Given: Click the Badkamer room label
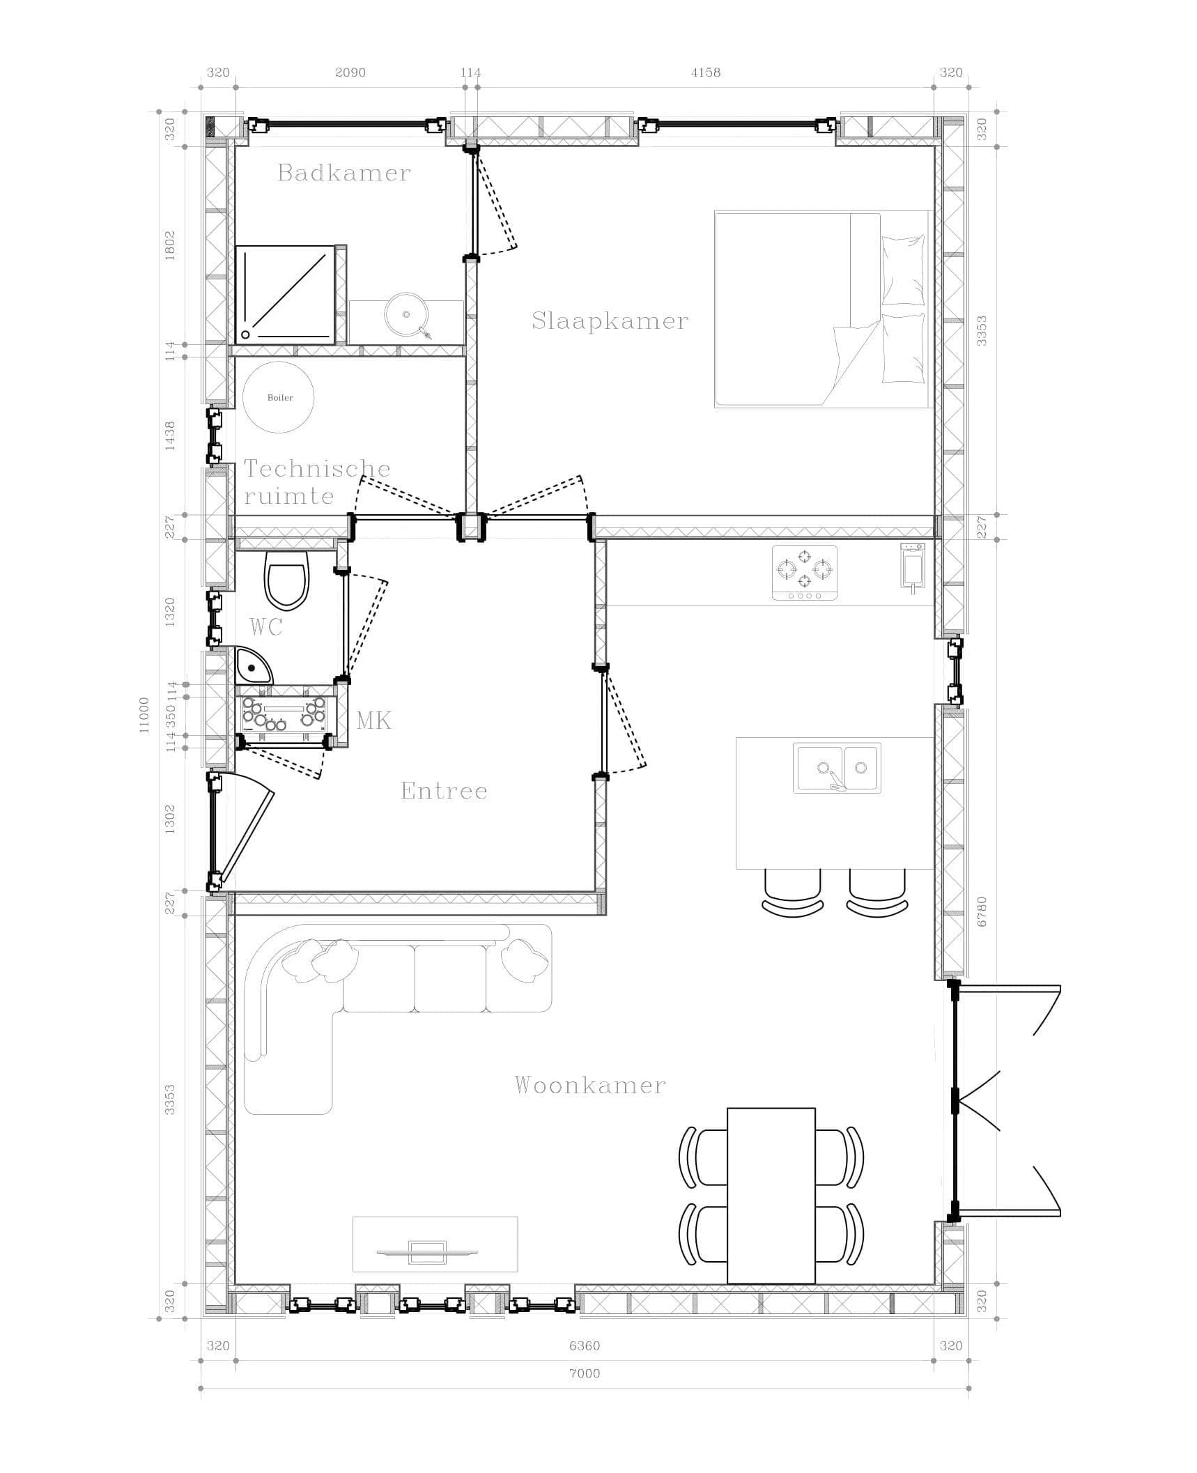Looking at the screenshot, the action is coord(344,173).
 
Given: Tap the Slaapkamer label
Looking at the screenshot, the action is coord(610,321).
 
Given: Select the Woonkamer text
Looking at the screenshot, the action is coord(590,1085).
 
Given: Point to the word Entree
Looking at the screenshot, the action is coord(444,791).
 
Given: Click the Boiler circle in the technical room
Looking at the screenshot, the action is coord(279,397).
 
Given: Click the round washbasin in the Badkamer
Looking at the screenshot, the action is coord(405,315).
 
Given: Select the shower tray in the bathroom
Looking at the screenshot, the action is coord(286,295).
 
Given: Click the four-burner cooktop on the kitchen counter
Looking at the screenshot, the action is coord(805,573).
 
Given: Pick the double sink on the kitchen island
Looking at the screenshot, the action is coord(837,768).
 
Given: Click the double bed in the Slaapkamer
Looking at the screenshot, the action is coord(823,309).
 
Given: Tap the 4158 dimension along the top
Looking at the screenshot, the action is coord(706,72).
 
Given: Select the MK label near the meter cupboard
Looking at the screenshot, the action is coord(373,720).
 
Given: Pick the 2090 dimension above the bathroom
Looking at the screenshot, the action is coord(350,72).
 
